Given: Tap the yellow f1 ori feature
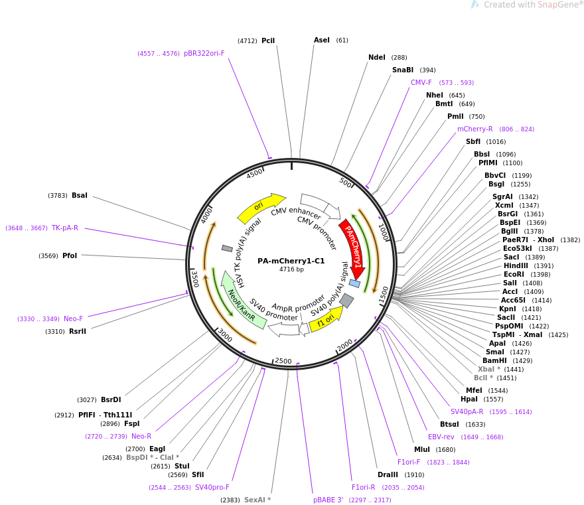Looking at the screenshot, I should (326, 319).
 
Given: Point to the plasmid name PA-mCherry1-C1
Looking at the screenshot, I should (291, 261).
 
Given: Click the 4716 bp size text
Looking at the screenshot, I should (291, 269).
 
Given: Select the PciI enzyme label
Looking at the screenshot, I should (268, 40).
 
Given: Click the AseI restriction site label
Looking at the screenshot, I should (322, 40).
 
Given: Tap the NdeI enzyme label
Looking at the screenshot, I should (377, 57).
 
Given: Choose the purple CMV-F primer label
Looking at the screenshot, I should (421, 82).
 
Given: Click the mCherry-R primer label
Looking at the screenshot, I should (475, 129).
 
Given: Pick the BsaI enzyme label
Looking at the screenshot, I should (80, 195).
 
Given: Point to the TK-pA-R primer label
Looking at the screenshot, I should (65, 228).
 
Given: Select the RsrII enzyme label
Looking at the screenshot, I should (78, 331).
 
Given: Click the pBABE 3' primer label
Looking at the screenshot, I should (328, 500).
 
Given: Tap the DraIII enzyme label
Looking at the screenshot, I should (388, 474).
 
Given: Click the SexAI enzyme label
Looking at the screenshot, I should (257, 500).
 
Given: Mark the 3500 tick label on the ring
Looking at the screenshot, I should (195, 278).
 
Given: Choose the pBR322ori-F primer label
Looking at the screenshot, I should (204, 53).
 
